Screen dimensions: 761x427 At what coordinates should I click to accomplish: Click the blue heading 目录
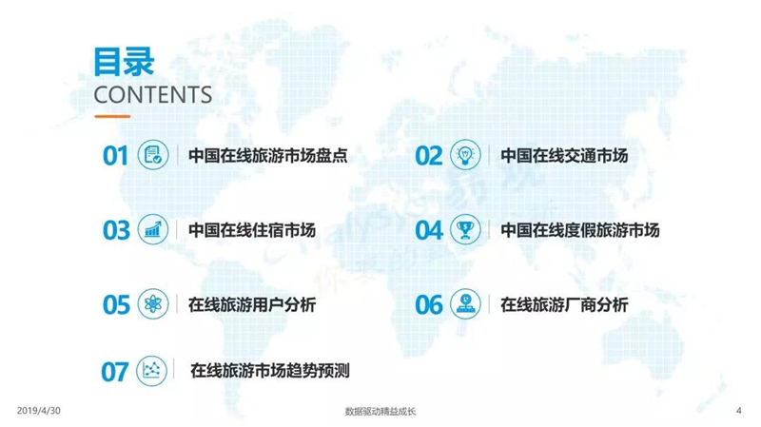point(124,62)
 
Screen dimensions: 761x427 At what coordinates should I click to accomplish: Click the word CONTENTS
point(153,95)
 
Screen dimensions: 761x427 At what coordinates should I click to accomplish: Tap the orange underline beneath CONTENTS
point(112,116)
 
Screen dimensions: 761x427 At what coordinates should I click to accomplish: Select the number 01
point(115,156)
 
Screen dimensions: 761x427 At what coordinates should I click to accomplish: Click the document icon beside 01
point(153,155)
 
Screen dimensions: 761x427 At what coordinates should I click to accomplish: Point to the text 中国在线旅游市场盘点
point(268,156)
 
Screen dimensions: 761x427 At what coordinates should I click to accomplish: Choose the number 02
point(429,156)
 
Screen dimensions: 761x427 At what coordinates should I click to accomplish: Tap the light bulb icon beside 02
point(465,155)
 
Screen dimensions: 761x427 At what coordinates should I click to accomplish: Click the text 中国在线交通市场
point(564,156)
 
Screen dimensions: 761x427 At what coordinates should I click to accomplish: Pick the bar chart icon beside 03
point(153,229)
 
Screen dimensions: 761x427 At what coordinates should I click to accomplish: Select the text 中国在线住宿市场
point(252,230)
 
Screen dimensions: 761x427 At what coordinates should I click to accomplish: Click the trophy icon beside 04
point(465,229)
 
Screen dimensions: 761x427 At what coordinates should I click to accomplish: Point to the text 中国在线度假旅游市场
point(580,230)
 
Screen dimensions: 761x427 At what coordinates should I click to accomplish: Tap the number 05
point(116,305)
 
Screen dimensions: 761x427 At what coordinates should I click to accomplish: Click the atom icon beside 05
point(153,304)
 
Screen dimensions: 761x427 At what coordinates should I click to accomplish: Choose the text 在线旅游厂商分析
point(564,304)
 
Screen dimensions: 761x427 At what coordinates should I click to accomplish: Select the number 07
point(115,372)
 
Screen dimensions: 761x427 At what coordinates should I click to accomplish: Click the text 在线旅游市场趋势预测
point(270,371)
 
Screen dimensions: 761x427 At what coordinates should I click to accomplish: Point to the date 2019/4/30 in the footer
point(39,411)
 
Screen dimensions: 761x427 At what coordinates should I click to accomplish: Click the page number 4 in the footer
point(739,411)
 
